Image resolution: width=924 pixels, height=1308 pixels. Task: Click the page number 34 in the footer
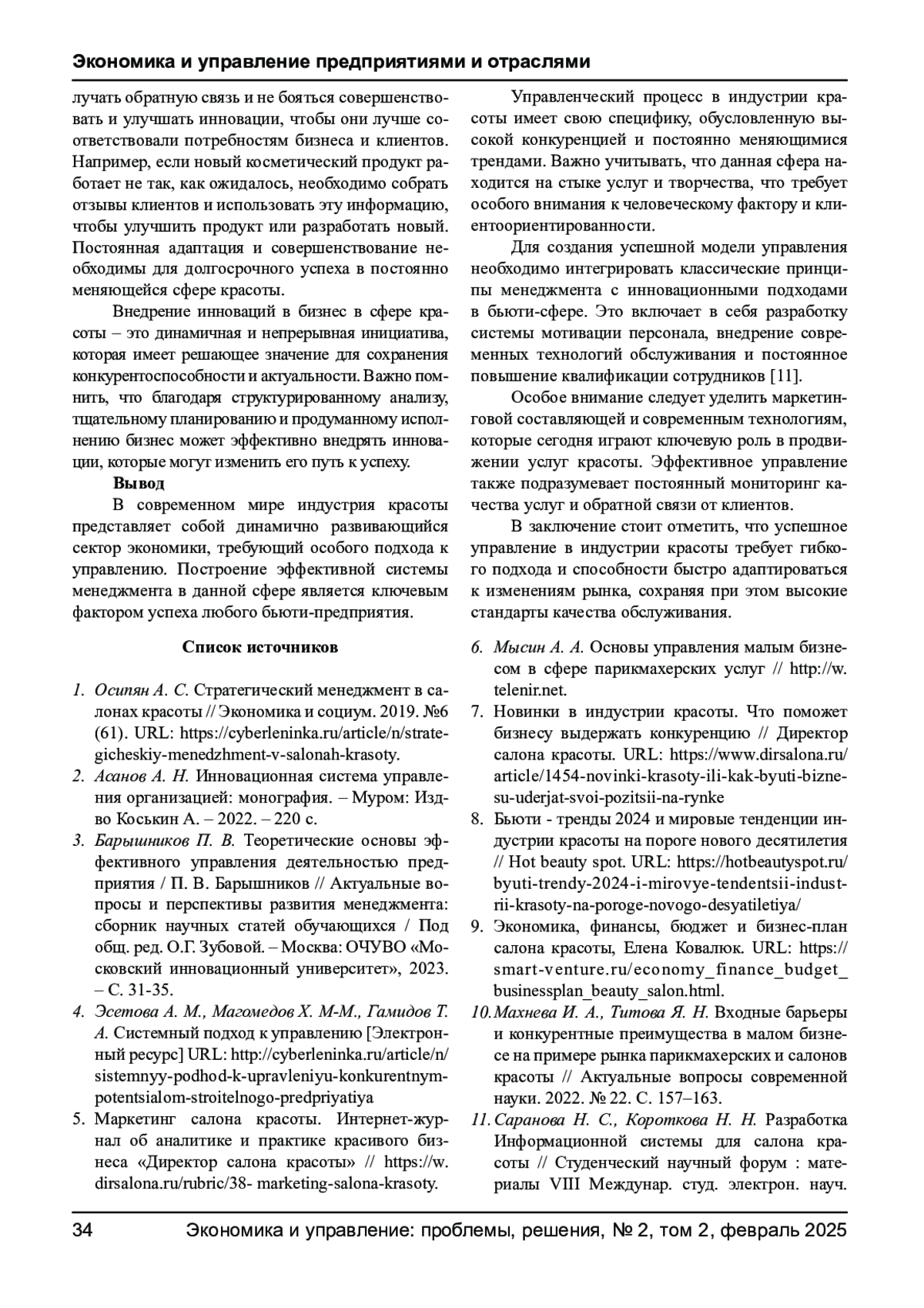[x=82, y=1230]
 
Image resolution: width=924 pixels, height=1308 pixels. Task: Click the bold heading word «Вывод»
[x=139, y=484]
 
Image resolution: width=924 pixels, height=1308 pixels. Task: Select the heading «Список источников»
[x=259, y=646]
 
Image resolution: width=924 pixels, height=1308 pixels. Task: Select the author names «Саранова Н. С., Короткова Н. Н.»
[x=626, y=1119]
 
